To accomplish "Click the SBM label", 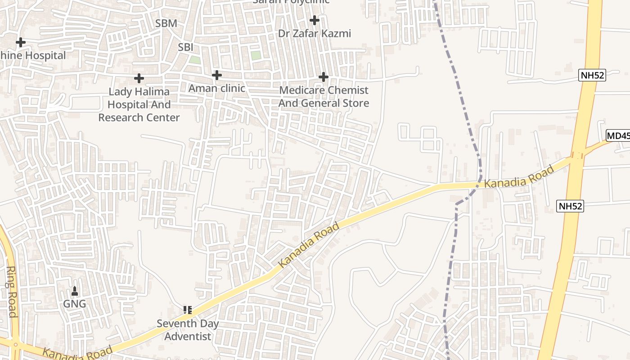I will (166, 23).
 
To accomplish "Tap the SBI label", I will (185, 47).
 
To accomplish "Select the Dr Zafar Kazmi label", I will (314, 34).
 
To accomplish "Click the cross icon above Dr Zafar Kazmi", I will (314, 20).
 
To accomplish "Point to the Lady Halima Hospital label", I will (139, 104).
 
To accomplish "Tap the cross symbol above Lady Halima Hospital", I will (139, 78).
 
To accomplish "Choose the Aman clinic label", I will (216, 88).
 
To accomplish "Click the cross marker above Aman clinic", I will (216, 75).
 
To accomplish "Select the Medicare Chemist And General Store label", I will (323, 97).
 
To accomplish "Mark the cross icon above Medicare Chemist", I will (323, 77).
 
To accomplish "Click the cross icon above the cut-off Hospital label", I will (20, 42).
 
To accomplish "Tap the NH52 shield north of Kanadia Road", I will (592, 75).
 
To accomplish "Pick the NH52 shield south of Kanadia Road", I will (570, 206).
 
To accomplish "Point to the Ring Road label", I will (11, 292).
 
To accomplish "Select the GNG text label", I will (74, 304).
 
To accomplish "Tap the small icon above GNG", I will (75, 292).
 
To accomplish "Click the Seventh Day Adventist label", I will (188, 330).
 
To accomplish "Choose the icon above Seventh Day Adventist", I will (188, 310).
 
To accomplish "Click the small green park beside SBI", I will (194, 59).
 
